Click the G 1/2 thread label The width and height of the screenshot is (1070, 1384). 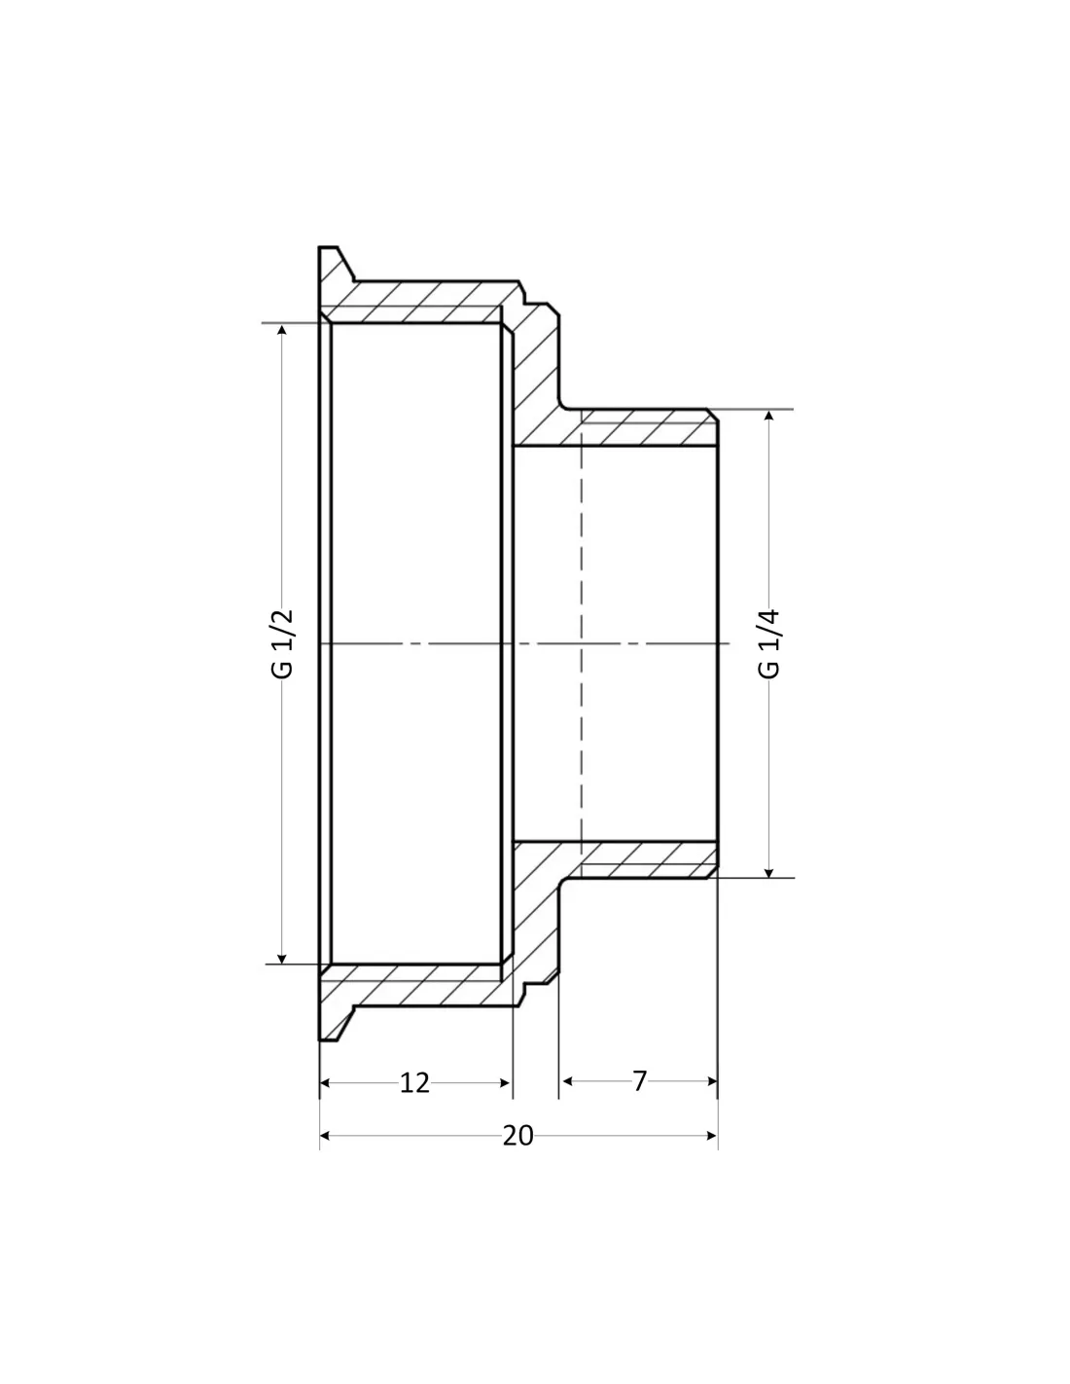(283, 644)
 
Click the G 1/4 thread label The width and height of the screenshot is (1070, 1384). (768, 644)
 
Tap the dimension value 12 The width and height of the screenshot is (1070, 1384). (414, 1082)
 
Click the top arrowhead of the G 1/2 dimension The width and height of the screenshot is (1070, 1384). (282, 329)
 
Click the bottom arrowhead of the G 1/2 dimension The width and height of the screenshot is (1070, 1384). (282, 960)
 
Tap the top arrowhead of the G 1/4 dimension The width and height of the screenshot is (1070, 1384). (768, 416)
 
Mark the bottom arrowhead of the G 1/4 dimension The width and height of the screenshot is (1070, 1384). (768, 873)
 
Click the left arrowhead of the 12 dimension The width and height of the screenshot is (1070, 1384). (325, 1082)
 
